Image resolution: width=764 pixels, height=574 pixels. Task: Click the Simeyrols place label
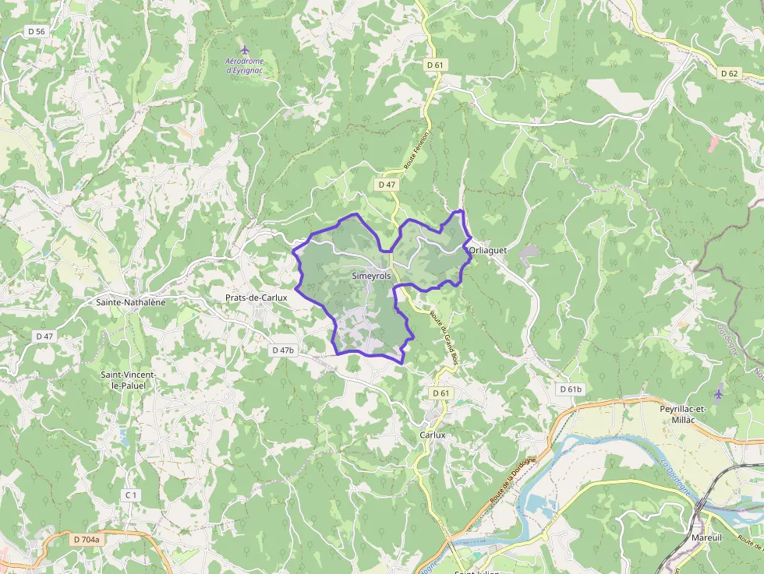tap(371, 276)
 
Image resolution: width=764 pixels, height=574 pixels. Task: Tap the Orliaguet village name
tap(488, 250)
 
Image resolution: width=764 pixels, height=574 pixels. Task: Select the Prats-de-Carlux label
tap(256, 298)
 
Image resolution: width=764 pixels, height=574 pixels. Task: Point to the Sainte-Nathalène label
tap(131, 301)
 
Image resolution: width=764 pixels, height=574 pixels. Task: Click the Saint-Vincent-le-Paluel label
tap(129, 380)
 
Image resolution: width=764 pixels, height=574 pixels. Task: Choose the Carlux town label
tap(432, 435)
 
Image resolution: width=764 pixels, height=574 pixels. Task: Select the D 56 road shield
tap(36, 31)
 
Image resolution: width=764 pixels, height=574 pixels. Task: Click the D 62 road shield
tap(729, 73)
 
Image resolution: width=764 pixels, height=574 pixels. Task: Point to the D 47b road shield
tap(283, 350)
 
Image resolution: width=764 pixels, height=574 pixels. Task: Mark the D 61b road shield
tap(571, 389)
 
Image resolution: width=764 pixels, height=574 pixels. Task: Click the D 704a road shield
tap(87, 539)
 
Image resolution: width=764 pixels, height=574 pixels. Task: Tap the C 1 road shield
tap(131, 495)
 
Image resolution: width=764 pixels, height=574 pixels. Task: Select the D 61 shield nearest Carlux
tap(441, 393)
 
